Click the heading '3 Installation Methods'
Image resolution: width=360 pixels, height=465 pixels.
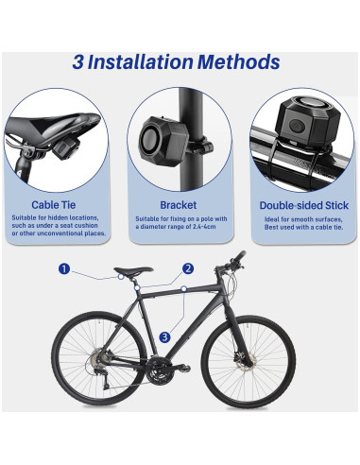(x=177, y=62)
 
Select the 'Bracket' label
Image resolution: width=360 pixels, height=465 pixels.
(x=179, y=203)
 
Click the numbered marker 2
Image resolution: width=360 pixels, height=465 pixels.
(x=189, y=268)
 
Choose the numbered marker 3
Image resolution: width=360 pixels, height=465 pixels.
(x=164, y=336)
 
